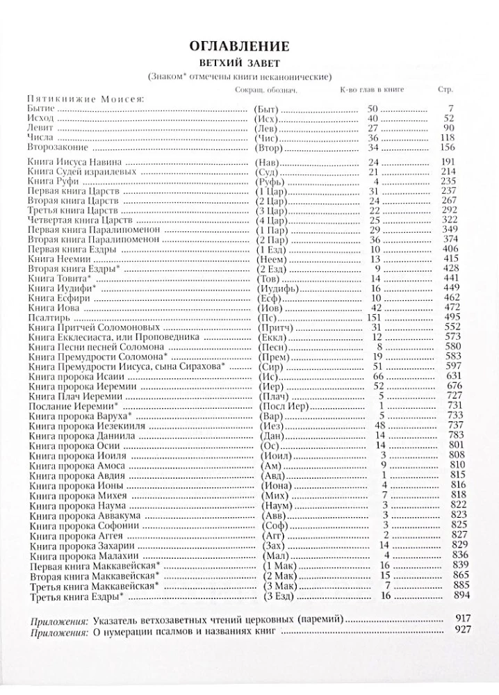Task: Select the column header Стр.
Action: [445, 90]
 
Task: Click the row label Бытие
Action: [42, 109]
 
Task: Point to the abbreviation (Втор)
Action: [265, 147]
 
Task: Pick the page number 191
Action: [443, 162]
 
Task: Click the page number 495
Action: [443, 318]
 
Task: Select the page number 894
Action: [443, 595]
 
